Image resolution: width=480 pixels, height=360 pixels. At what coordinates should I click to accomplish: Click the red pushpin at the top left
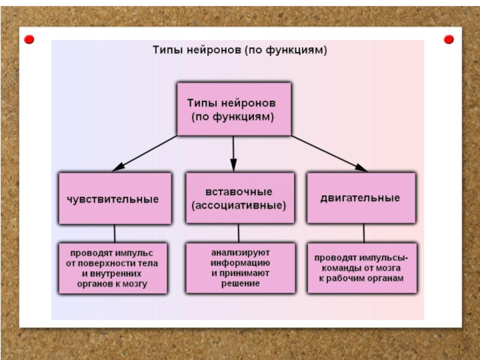pyautogui.click(x=29, y=40)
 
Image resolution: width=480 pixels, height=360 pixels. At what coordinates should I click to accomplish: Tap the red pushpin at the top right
pyautogui.click(x=448, y=40)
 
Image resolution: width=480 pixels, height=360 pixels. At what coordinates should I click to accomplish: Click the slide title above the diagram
pyautogui.click(x=238, y=51)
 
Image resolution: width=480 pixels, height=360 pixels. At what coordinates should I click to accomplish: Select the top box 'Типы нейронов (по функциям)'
pyautogui.click(x=233, y=109)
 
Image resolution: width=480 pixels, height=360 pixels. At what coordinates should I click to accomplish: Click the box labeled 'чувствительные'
pyautogui.click(x=113, y=199)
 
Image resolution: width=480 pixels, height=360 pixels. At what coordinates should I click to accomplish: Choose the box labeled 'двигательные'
pyautogui.click(x=361, y=199)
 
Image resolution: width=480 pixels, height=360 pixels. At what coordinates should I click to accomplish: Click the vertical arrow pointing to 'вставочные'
pyautogui.click(x=233, y=153)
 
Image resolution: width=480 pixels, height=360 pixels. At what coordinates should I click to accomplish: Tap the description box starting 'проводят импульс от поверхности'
pyautogui.click(x=113, y=268)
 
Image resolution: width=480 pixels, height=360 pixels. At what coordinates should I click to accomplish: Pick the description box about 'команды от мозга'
pyautogui.click(x=361, y=268)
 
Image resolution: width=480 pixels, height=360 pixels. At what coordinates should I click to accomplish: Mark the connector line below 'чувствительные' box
pyautogui.click(x=114, y=233)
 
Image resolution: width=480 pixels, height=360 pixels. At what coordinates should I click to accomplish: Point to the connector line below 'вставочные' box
pyautogui.click(x=238, y=233)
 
